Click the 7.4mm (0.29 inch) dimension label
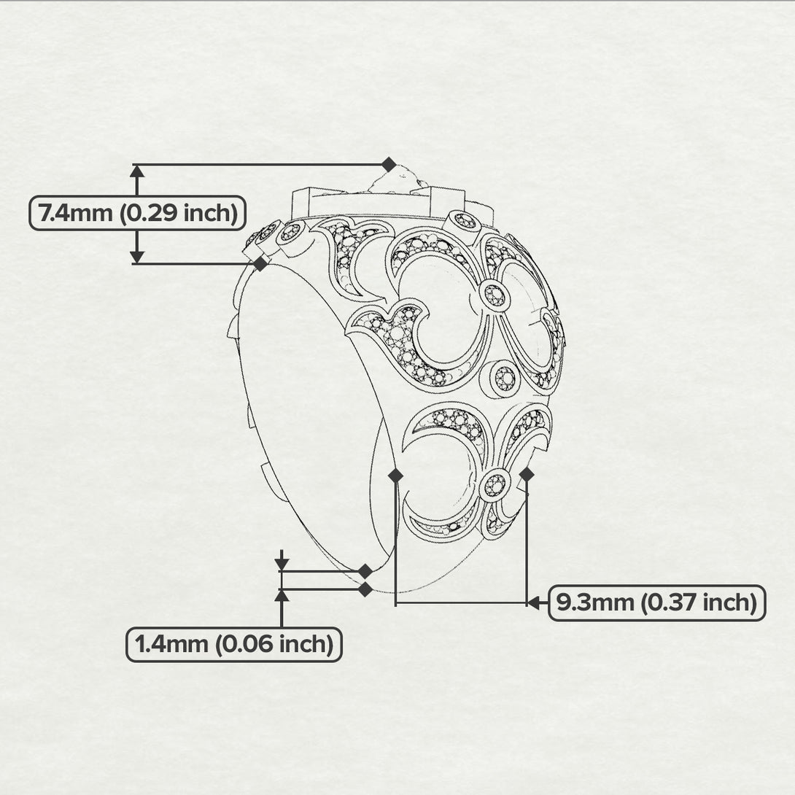(137, 213)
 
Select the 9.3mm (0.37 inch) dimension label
(656, 603)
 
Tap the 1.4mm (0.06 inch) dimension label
(233, 645)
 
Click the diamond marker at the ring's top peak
(389, 164)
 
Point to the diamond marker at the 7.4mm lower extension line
(260, 263)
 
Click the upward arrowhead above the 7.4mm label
(137, 171)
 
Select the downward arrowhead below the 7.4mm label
(137, 257)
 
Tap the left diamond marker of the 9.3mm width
(395, 475)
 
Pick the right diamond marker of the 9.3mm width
(527, 475)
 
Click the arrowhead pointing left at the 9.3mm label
(533, 603)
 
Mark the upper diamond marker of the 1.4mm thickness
(365, 571)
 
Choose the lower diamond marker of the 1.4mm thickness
(365, 589)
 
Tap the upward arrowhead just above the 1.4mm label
(282, 595)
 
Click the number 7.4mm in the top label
(76, 213)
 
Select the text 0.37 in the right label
(670, 603)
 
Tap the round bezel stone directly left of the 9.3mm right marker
(495, 486)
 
